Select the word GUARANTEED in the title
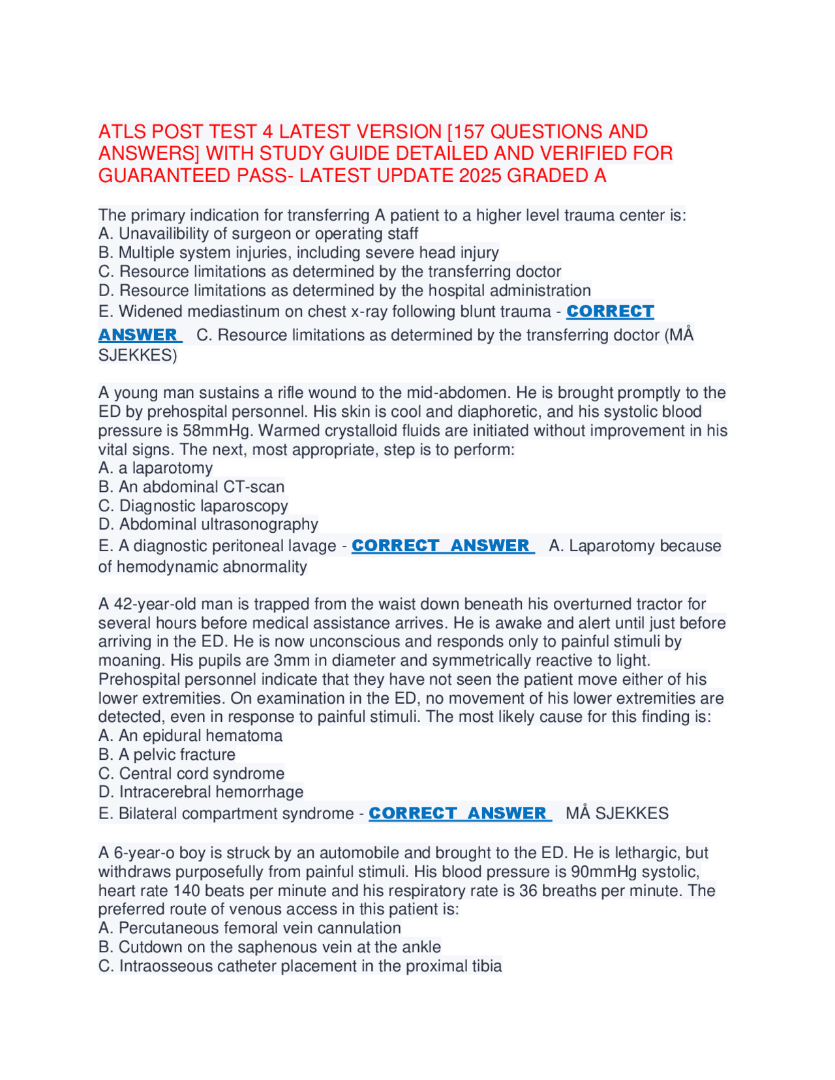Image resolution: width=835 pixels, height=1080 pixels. tap(157, 175)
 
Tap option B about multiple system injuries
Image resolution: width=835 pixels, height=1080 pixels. tap(299, 252)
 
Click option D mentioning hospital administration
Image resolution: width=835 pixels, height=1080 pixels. tap(344, 290)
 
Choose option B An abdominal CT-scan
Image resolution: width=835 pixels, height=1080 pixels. tap(191, 487)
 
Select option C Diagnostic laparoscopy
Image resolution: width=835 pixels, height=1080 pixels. tap(193, 505)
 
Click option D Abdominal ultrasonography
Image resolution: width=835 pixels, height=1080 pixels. tap(208, 524)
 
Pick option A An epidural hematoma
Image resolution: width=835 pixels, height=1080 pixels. tap(190, 736)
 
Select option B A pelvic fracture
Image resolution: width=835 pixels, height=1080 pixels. tap(167, 755)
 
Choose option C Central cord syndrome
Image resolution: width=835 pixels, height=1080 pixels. tap(192, 773)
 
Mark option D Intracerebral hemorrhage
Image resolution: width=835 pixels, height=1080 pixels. tap(201, 792)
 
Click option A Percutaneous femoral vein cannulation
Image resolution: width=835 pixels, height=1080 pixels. tap(250, 928)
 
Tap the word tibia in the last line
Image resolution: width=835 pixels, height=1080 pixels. tap(487, 966)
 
